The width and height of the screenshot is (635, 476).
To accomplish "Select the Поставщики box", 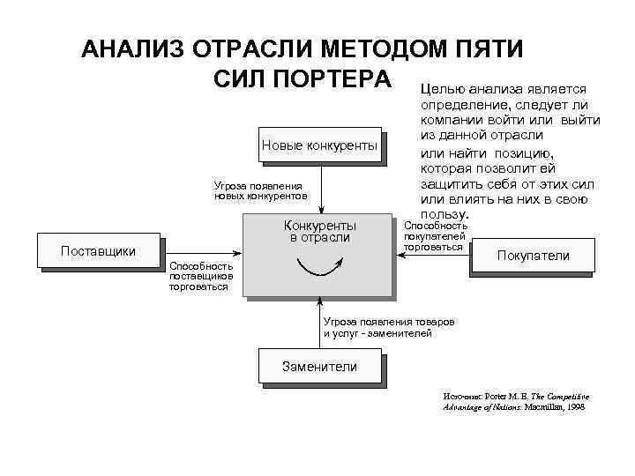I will click(98, 251).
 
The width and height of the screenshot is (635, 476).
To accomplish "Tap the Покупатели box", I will click(534, 257).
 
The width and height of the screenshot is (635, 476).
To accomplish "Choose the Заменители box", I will click(319, 367).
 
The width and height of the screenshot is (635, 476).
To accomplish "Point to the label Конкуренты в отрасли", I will click(319, 231).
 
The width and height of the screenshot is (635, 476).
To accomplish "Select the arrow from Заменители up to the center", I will click(320, 322).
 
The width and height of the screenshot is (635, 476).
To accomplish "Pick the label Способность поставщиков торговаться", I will click(201, 276).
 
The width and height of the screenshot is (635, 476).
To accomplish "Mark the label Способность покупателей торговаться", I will click(434, 236).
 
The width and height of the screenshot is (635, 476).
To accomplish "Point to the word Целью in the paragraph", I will click(444, 89).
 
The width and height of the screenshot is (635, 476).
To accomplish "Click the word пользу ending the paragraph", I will click(444, 215).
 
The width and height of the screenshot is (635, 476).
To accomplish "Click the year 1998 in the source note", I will click(574, 408).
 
